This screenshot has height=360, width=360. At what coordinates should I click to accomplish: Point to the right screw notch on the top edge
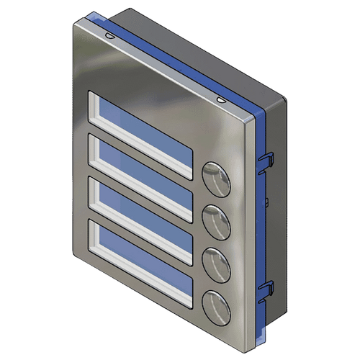[220, 98]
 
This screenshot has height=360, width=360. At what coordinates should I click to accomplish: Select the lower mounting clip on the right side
[264, 288]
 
